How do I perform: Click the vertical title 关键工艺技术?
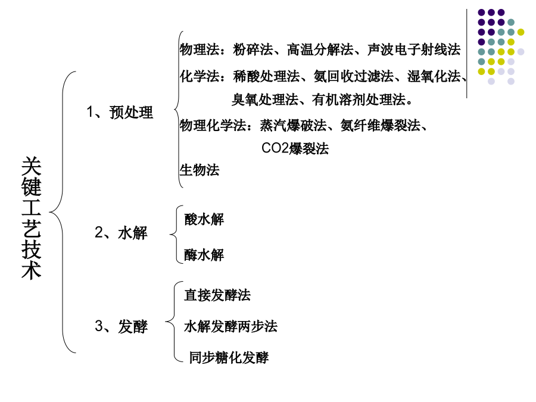coord(31,218)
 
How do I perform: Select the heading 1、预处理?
coord(120,112)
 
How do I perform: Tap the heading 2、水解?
coord(121,233)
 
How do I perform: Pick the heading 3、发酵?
coord(121,326)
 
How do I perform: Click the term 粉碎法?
coord(253,49)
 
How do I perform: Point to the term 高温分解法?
coord(320,49)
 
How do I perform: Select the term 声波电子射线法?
coord(414,49)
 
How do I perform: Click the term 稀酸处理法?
coord(266,76)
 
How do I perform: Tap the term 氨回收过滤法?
coord(353,76)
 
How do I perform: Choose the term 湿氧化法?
coord(434,76)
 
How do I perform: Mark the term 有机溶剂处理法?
coord(359,99)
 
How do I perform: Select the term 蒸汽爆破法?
coord(293,126)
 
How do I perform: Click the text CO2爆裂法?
coord(295,148)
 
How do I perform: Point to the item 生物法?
coord(200,170)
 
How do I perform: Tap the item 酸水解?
coord(204,219)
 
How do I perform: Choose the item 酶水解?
coord(204,255)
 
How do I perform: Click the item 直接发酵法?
coord(217,295)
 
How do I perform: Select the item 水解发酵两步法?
coord(230,326)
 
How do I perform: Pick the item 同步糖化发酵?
coord(229,358)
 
